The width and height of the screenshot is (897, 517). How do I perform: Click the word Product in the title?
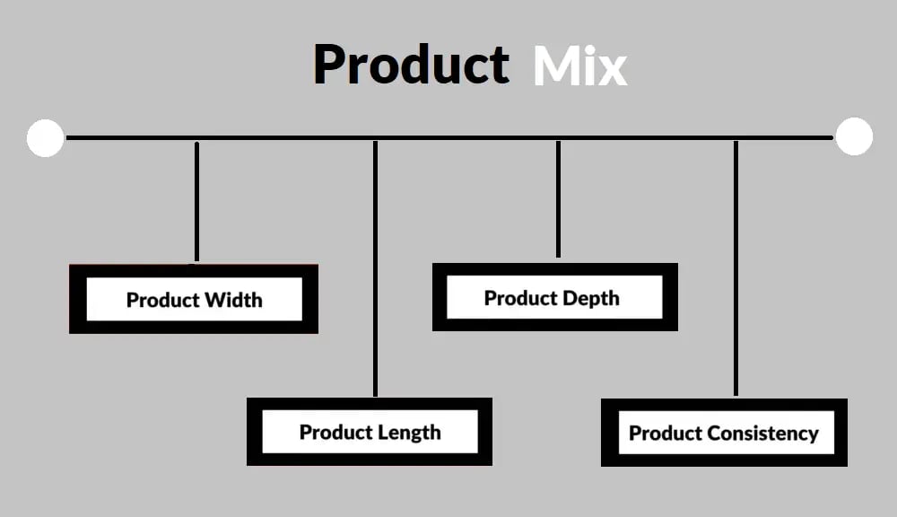click(x=412, y=64)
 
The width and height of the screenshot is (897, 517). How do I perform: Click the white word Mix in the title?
click(x=580, y=66)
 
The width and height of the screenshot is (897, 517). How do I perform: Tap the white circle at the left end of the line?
click(x=45, y=138)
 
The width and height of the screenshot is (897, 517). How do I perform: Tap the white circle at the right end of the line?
click(x=854, y=136)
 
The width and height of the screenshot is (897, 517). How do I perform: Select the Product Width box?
click(x=194, y=299)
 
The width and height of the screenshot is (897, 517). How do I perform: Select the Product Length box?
click(x=370, y=432)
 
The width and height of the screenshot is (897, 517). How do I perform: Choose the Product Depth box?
click(x=555, y=297)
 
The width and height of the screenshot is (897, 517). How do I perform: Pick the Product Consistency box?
click(x=724, y=433)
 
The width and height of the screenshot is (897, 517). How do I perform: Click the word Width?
click(x=233, y=300)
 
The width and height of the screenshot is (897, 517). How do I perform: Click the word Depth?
click(x=591, y=298)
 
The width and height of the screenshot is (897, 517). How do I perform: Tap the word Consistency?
click(x=763, y=434)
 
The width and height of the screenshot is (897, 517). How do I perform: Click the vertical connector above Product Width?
click(x=196, y=202)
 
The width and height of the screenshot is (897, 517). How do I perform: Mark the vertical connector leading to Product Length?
click(x=375, y=268)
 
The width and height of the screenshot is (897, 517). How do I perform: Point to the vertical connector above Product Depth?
click(x=558, y=199)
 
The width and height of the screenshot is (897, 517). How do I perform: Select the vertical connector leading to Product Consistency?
click(x=736, y=268)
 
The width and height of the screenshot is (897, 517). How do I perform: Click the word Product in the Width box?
click(x=163, y=300)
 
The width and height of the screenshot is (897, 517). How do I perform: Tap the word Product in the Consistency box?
click(x=666, y=434)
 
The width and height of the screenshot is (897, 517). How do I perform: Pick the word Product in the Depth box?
click(x=520, y=298)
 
